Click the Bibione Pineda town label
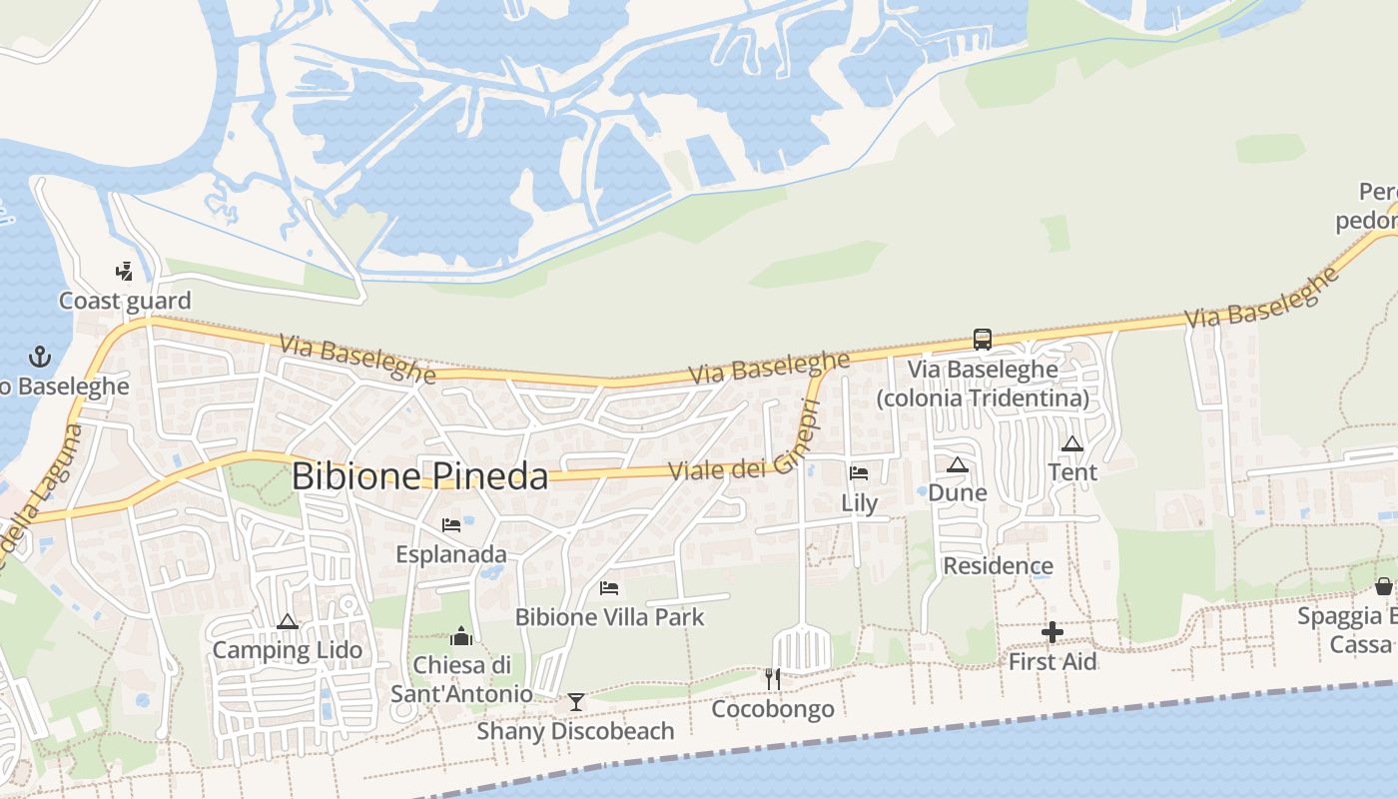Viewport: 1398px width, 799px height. point(419,476)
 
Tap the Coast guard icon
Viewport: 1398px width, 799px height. point(124,271)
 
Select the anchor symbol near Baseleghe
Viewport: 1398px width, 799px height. point(39,356)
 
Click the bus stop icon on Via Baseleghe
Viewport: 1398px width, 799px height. point(983,340)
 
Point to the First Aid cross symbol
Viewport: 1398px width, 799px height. point(1051,631)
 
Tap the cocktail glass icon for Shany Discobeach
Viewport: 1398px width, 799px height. point(575,701)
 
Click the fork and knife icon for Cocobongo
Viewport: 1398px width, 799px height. point(772,679)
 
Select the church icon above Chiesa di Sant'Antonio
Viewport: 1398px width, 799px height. point(461,635)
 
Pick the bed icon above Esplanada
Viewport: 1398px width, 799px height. point(451,524)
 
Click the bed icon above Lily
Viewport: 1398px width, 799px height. point(859,473)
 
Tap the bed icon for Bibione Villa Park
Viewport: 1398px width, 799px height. point(609,588)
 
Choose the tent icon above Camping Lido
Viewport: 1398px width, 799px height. point(288,621)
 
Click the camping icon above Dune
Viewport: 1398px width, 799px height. point(957,463)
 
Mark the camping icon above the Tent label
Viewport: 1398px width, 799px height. point(1072,443)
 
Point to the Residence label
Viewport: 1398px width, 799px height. point(998,566)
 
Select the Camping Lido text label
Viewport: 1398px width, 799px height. point(288,650)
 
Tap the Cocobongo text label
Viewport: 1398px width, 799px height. point(772,709)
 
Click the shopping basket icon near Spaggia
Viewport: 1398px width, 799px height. point(1384,585)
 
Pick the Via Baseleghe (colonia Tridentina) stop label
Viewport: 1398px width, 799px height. point(983,384)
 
